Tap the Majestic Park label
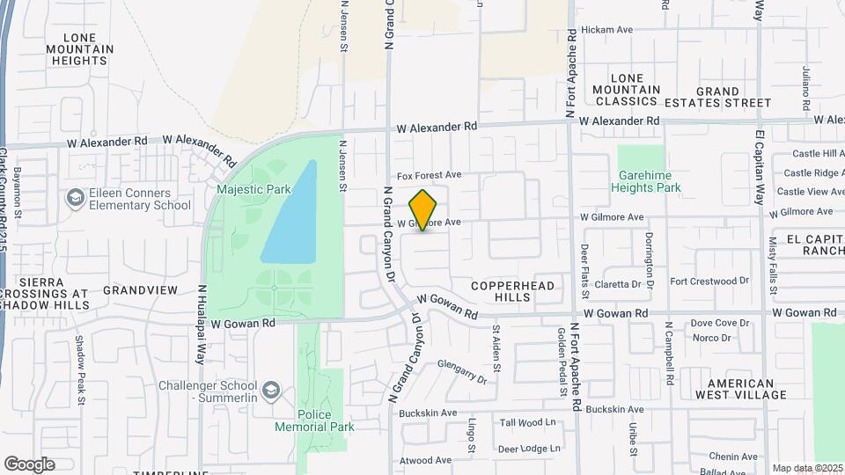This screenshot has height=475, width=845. (253, 187)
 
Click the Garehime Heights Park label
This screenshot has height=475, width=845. (649, 181)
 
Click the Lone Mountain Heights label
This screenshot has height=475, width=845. (79, 49)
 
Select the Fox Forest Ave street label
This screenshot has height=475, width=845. (429, 175)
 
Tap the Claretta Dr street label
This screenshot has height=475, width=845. (617, 284)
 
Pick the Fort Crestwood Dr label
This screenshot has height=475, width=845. (709, 281)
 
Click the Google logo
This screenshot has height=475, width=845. (29, 464)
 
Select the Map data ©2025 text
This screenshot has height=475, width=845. (807, 468)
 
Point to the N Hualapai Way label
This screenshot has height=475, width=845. (202, 324)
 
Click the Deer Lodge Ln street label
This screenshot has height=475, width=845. (529, 449)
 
